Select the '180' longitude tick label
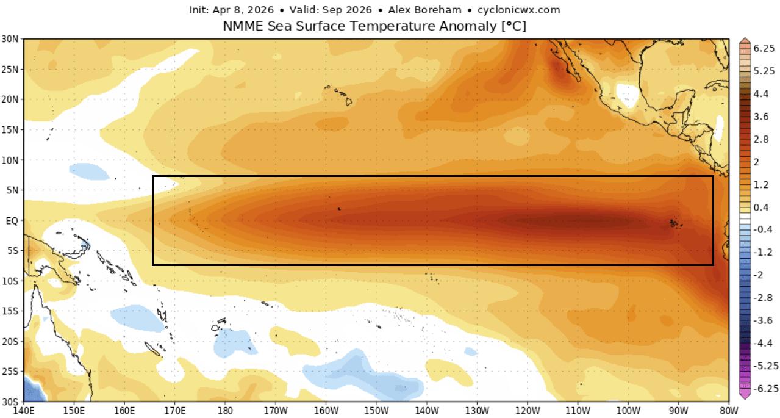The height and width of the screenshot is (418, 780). pos(225,410)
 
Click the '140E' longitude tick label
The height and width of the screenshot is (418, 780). pos(24,410)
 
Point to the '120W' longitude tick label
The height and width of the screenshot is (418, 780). pos(526,410)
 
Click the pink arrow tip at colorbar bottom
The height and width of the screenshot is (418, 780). pos(745,396)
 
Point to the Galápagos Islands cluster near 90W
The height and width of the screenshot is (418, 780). pos(674,223)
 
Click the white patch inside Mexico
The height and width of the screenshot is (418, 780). pos(626,93)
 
